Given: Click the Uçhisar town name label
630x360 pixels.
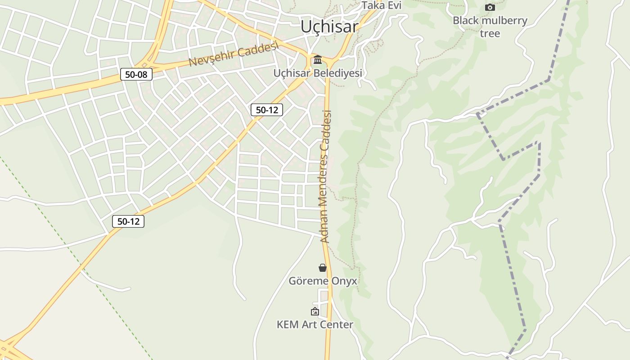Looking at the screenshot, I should coord(329,27).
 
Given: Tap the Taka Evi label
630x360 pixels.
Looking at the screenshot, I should coord(381,5).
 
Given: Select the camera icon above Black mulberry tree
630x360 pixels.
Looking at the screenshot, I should coord(490,7).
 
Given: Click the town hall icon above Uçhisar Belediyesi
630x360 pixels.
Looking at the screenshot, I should coord(318,59).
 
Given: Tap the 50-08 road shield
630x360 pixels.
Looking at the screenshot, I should coord(136,74).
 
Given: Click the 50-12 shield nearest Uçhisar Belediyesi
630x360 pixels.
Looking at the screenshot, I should coord(266,110).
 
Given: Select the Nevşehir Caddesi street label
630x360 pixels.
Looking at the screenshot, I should coord(234,54).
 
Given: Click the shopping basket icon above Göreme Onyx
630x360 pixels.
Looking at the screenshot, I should coord(322,268).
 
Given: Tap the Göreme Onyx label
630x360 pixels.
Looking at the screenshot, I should coord(323,281).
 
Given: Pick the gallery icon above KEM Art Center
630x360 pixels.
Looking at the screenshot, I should coord(315,311).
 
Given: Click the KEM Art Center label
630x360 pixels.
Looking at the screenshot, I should coord(315,324).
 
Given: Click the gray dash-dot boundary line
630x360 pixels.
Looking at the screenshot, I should coord(513,279).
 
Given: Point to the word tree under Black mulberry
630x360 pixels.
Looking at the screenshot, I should coord(490,34).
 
